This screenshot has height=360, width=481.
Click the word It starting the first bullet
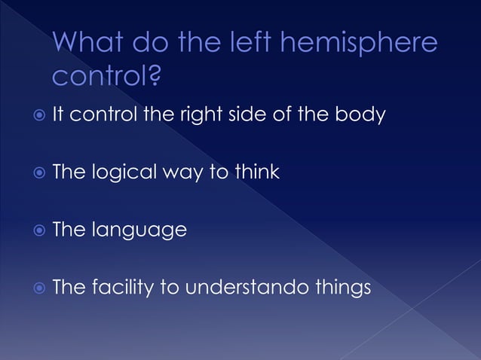58,115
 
